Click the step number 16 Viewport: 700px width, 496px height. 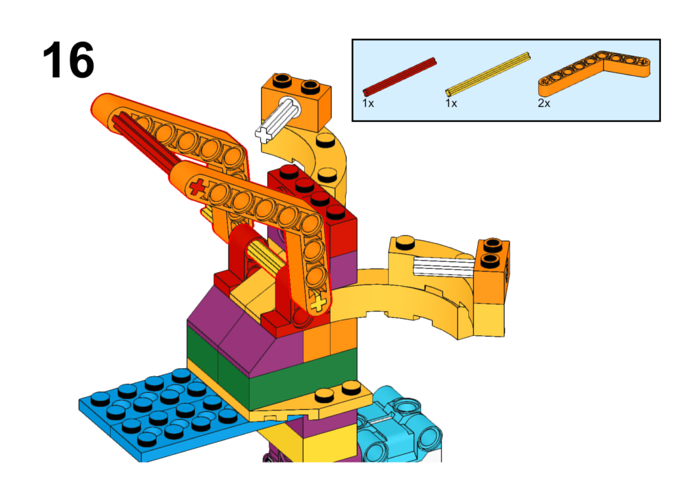coord(68,60)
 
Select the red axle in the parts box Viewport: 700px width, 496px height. coord(399,77)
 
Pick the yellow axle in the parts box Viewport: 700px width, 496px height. coord(488,74)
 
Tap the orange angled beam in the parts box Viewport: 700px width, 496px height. coord(594,72)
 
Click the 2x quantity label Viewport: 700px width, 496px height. coord(543,103)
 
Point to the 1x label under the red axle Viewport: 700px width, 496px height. coord(368,103)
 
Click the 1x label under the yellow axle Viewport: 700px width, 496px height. coord(451,103)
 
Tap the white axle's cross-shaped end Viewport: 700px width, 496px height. coord(263,133)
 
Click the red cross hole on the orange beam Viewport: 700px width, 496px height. coord(197,186)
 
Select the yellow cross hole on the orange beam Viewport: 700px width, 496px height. coord(319,304)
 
